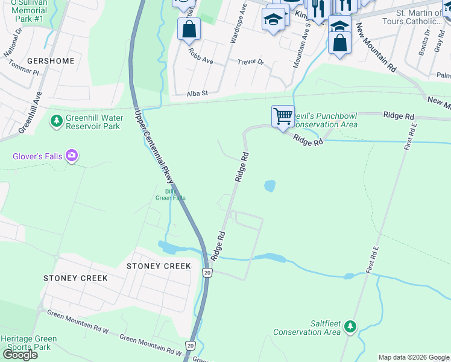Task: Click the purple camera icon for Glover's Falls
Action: pyautogui.click(x=72, y=157)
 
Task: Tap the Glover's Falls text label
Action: pyautogui.click(x=37, y=157)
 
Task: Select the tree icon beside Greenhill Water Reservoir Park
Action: pyautogui.click(x=57, y=122)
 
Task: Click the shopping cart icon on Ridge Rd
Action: pyautogui.click(x=283, y=116)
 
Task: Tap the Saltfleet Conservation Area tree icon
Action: pyautogui.click(x=350, y=328)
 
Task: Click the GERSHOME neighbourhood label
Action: pyautogui.click(x=51, y=61)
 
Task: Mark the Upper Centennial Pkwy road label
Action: pyautogui.click(x=154, y=147)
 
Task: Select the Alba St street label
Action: pyautogui.click(x=197, y=94)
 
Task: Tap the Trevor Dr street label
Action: pyautogui.click(x=251, y=62)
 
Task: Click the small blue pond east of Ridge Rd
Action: pyautogui.click(x=270, y=186)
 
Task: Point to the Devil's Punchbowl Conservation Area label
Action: pyautogui.click(x=324, y=120)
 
